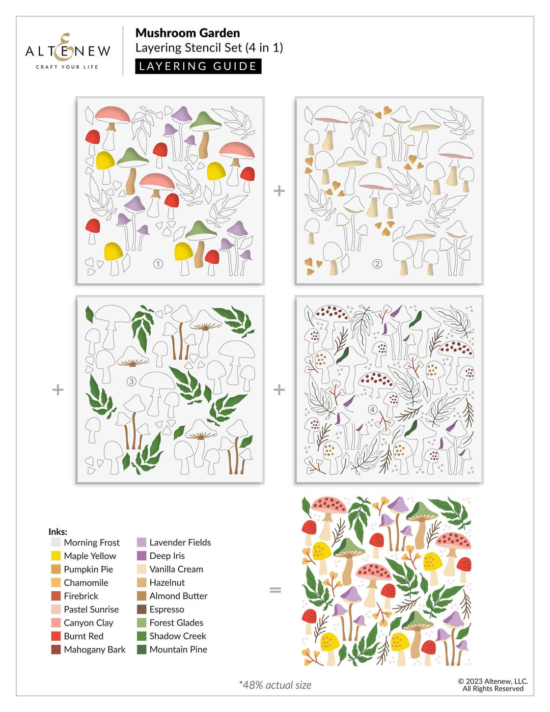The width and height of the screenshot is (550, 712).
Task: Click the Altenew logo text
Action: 68,50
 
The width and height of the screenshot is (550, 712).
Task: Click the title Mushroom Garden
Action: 187,33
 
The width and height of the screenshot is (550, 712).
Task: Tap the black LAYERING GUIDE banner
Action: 198,66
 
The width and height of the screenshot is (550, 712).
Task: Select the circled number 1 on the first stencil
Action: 158,264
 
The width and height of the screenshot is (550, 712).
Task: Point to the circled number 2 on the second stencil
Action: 377,264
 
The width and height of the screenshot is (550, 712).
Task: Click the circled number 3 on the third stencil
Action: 131,381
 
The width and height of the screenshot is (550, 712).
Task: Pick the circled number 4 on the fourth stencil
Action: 373,409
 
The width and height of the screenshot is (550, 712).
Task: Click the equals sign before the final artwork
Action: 275,590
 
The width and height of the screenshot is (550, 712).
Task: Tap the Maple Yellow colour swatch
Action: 56,556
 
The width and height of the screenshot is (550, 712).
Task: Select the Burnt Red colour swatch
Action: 56,636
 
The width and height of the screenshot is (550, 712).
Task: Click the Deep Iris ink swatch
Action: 142,556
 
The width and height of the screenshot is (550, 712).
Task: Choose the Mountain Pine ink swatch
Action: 142,649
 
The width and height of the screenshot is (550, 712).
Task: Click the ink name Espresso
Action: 167,609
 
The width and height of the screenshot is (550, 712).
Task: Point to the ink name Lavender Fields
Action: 180,542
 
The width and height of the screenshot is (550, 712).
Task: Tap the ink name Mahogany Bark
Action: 94,649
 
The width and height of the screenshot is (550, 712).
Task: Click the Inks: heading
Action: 58,531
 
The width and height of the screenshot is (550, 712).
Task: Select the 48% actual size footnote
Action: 275,685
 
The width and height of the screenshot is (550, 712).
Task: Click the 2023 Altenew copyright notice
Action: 492,684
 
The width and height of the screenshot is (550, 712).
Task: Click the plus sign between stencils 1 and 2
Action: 279,191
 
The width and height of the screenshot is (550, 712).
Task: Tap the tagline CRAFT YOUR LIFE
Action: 67,67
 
